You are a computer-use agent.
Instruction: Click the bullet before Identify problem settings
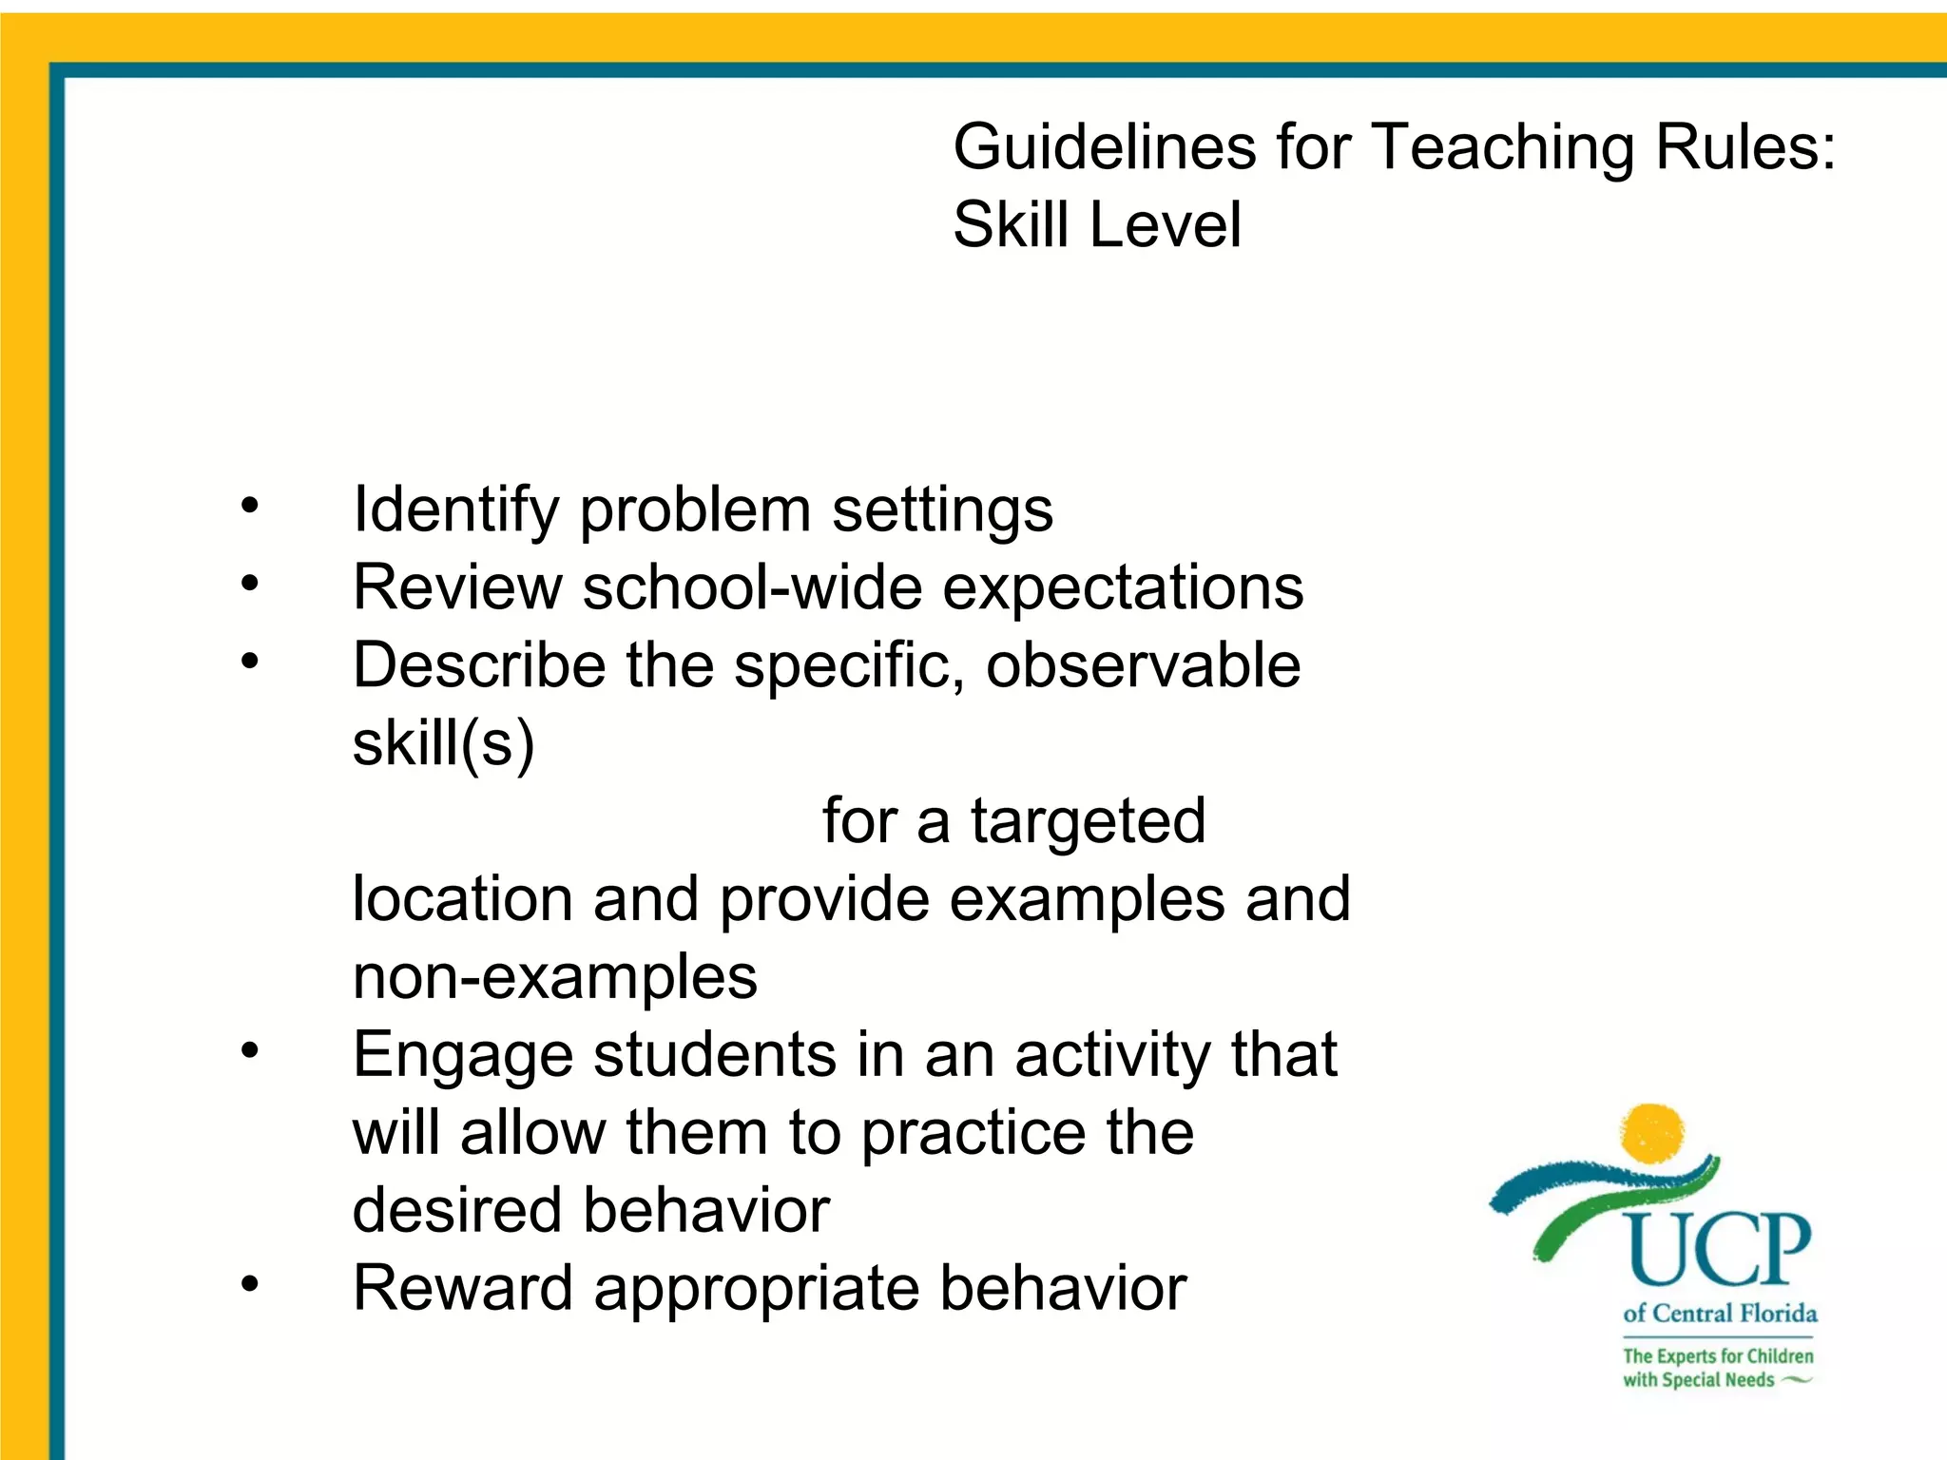pyautogui.click(x=249, y=505)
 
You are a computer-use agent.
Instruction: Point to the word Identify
pyautogui.click(x=455, y=510)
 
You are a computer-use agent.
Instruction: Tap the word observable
pyautogui.click(x=1143, y=664)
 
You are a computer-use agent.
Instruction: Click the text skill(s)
pyautogui.click(x=443, y=743)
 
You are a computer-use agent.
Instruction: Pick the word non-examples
pyautogui.click(x=554, y=977)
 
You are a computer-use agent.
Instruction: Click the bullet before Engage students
pyautogui.click(x=249, y=1050)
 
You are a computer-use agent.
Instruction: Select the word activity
pyautogui.click(x=1112, y=1056)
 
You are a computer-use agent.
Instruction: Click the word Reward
pyautogui.click(x=463, y=1289)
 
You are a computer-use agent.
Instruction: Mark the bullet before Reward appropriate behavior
pyautogui.click(x=249, y=1284)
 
